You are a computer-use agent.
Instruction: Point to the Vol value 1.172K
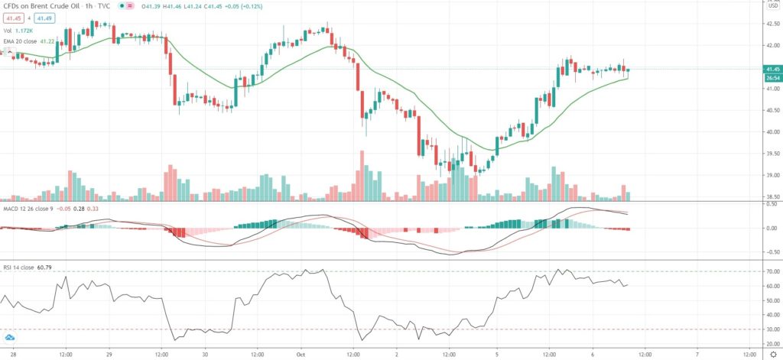coord(32,31)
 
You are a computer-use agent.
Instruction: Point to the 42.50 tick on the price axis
coord(765,23)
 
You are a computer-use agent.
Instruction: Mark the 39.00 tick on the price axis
coord(765,175)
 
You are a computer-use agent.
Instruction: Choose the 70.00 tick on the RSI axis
coord(765,271)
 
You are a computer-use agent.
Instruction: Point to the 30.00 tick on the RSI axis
coord(765,329)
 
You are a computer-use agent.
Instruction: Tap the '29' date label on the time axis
coord(109,355)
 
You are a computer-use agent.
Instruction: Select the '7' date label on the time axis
coord(697,355)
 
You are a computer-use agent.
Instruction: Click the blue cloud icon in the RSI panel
coord(10,338)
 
